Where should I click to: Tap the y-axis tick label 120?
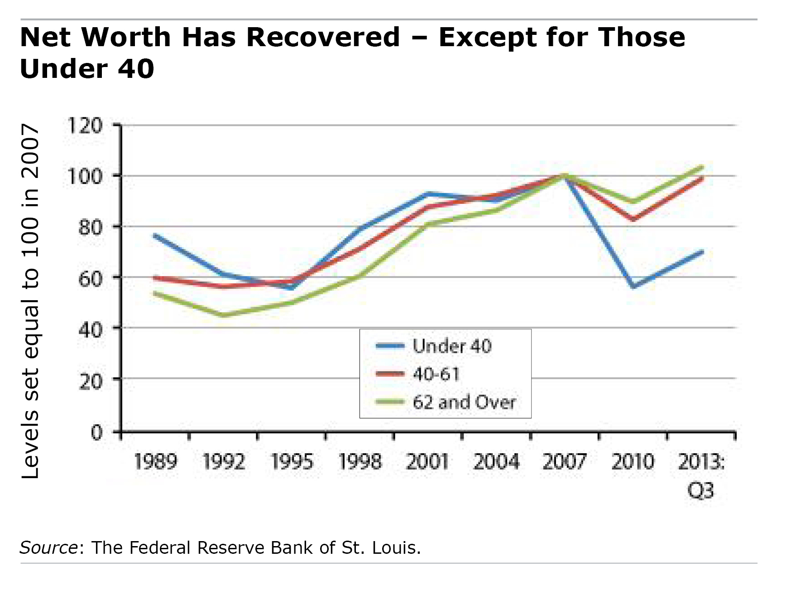pyautogui.click(x=85, y=125)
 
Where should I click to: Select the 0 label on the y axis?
pyautogui.click(x=97, y=432)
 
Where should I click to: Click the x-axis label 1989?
pyautogui.click(x=155, y=462)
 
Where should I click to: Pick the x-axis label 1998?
pyautogui.click(x=360, y=462)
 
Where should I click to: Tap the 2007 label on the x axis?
pyautogui.click(x=564, y=462)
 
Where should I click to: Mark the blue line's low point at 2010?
pyautogui.click(x=633, y=287)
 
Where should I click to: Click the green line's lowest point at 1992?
pyautogui.click(x=223, y=315)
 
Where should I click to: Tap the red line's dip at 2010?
pyautogui.click(x=633, y=220)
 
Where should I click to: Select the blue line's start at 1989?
pyautogui.click(x=155, y=235)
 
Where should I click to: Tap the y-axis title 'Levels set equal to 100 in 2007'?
pyautogui.click(x=31, y=301)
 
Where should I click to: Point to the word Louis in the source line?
pyautogui.click(x=396, y=548)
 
